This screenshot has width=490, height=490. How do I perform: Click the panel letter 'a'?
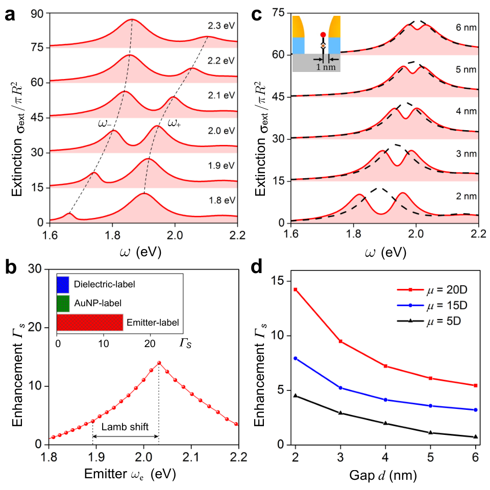click(x=10, y=15)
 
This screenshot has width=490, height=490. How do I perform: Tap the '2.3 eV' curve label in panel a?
click(x=221, y=26)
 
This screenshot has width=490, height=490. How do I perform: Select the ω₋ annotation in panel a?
click(x=105, y=124)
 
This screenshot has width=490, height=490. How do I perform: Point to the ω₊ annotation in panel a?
click(x=174, y=123)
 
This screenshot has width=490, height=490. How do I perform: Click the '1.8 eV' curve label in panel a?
click(x=222, y=200)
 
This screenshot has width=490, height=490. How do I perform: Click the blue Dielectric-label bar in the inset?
click(x=63, y=285)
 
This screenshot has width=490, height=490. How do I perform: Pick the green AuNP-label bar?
click(x=63, y=303)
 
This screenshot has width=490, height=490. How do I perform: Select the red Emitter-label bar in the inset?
click(x=90, y=323)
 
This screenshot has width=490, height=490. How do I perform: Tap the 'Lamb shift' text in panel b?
click(x=125, y=427)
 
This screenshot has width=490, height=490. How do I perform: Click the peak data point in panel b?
click(x=159, y=363)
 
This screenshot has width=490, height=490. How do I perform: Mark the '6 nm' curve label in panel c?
click(x=466, y=28)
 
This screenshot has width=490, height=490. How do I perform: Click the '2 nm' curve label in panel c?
click(x=466, y=196)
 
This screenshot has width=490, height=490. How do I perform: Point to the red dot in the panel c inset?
click(x=323, y=35)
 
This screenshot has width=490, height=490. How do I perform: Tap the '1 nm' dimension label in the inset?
click(x=326, y=67)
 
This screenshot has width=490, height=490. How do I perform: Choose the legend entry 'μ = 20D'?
click(x=432, y=290)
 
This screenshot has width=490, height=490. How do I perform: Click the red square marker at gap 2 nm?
click(x=296, y=290)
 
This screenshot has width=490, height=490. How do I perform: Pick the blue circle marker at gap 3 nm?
click(x=340, y=388)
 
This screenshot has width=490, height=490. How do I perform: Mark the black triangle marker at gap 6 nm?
click(x=476, y=436)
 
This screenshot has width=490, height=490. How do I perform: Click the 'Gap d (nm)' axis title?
click(x=383, y=475)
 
